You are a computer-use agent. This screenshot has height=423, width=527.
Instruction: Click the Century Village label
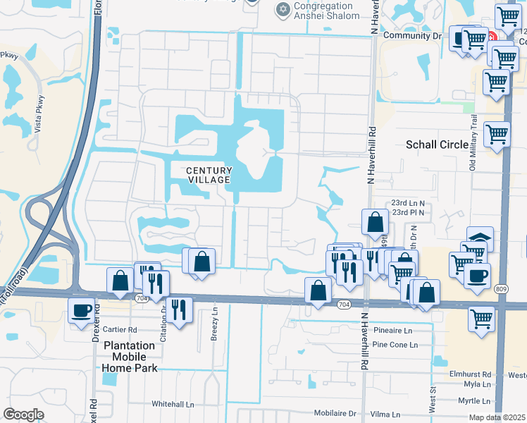pos(209,175)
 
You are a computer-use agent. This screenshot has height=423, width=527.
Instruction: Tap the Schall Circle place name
pos(437,145)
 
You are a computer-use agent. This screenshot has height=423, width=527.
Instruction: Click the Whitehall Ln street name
pos(173,404)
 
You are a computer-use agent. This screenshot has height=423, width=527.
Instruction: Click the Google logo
pos(23,415)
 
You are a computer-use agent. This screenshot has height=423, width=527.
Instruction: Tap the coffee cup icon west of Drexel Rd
pos(80,309)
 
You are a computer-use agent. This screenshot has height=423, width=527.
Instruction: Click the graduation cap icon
pos(480,238)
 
